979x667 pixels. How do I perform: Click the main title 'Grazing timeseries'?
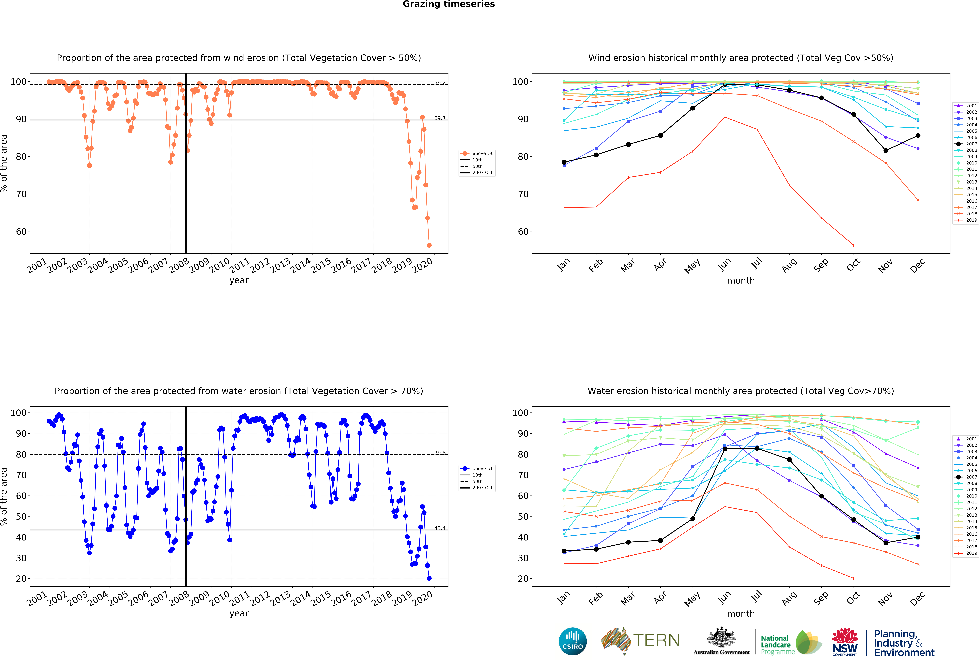tap(449, 4)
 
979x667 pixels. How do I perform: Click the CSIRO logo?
tap(572, 641)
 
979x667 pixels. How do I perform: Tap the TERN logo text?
tap(656, 640)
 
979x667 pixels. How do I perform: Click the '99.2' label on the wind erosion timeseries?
tap(440, 83)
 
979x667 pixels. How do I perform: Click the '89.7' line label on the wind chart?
tap(440, 118)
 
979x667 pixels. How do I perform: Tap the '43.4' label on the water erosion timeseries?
tap(440, 528)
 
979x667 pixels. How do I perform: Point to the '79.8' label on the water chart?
tap(440, 453)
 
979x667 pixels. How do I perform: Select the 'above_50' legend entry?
tap(482, 153)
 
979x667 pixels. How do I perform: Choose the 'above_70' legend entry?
tap(482, 468)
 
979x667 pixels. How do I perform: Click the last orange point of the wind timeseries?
tap(429, 245)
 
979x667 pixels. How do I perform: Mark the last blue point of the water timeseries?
tap(429, 578)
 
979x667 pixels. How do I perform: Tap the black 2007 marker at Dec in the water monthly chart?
tap(918, 537)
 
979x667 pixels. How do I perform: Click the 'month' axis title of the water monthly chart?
tap(741, 614)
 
